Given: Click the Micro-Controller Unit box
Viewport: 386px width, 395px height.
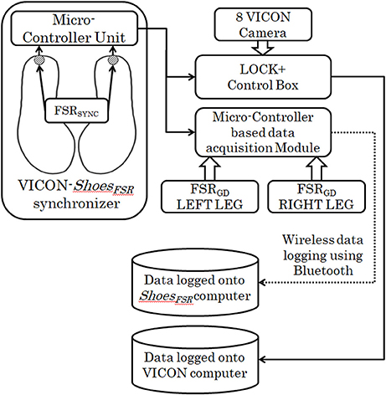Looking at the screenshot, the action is coord(75,28).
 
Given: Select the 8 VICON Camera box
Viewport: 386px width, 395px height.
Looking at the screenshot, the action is coord(263,24).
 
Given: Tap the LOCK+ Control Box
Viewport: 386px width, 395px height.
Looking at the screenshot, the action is coord(263,77).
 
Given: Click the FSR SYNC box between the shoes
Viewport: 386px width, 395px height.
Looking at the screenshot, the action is coord(76,110).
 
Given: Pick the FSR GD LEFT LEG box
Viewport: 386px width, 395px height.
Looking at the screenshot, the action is coord(210,197).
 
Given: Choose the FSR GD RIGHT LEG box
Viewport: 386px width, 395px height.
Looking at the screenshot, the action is coord(317,197).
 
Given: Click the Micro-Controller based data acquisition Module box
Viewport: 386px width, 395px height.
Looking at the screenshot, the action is coord(263,132).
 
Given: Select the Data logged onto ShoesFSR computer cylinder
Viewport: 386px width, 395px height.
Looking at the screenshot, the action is coord(195,284).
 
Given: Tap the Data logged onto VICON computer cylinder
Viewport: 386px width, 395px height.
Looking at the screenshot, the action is coord(195,361).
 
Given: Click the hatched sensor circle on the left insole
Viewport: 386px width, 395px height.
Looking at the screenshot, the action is coord(39,60).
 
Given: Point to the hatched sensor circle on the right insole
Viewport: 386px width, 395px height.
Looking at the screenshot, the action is coord(113,60).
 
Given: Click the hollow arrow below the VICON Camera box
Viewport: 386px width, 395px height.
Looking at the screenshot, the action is coord(263,48).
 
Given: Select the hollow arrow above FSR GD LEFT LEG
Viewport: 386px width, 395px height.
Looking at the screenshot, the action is coord(210,168).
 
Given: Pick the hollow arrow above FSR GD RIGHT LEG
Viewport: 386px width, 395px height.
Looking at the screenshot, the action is coord(317,168).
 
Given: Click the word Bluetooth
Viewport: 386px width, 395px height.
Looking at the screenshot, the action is coord(323,270).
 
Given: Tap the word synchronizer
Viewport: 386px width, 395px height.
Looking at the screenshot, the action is coord(76,203).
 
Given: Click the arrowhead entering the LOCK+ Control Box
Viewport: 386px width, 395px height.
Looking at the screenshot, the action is coord(192,76).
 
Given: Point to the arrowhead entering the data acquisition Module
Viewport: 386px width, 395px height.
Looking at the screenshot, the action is coord(192,132).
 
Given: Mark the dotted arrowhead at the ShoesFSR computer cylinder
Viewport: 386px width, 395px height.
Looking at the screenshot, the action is coord(262,282).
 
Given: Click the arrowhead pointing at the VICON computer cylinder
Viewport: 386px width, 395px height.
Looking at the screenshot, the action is coord(262,359).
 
